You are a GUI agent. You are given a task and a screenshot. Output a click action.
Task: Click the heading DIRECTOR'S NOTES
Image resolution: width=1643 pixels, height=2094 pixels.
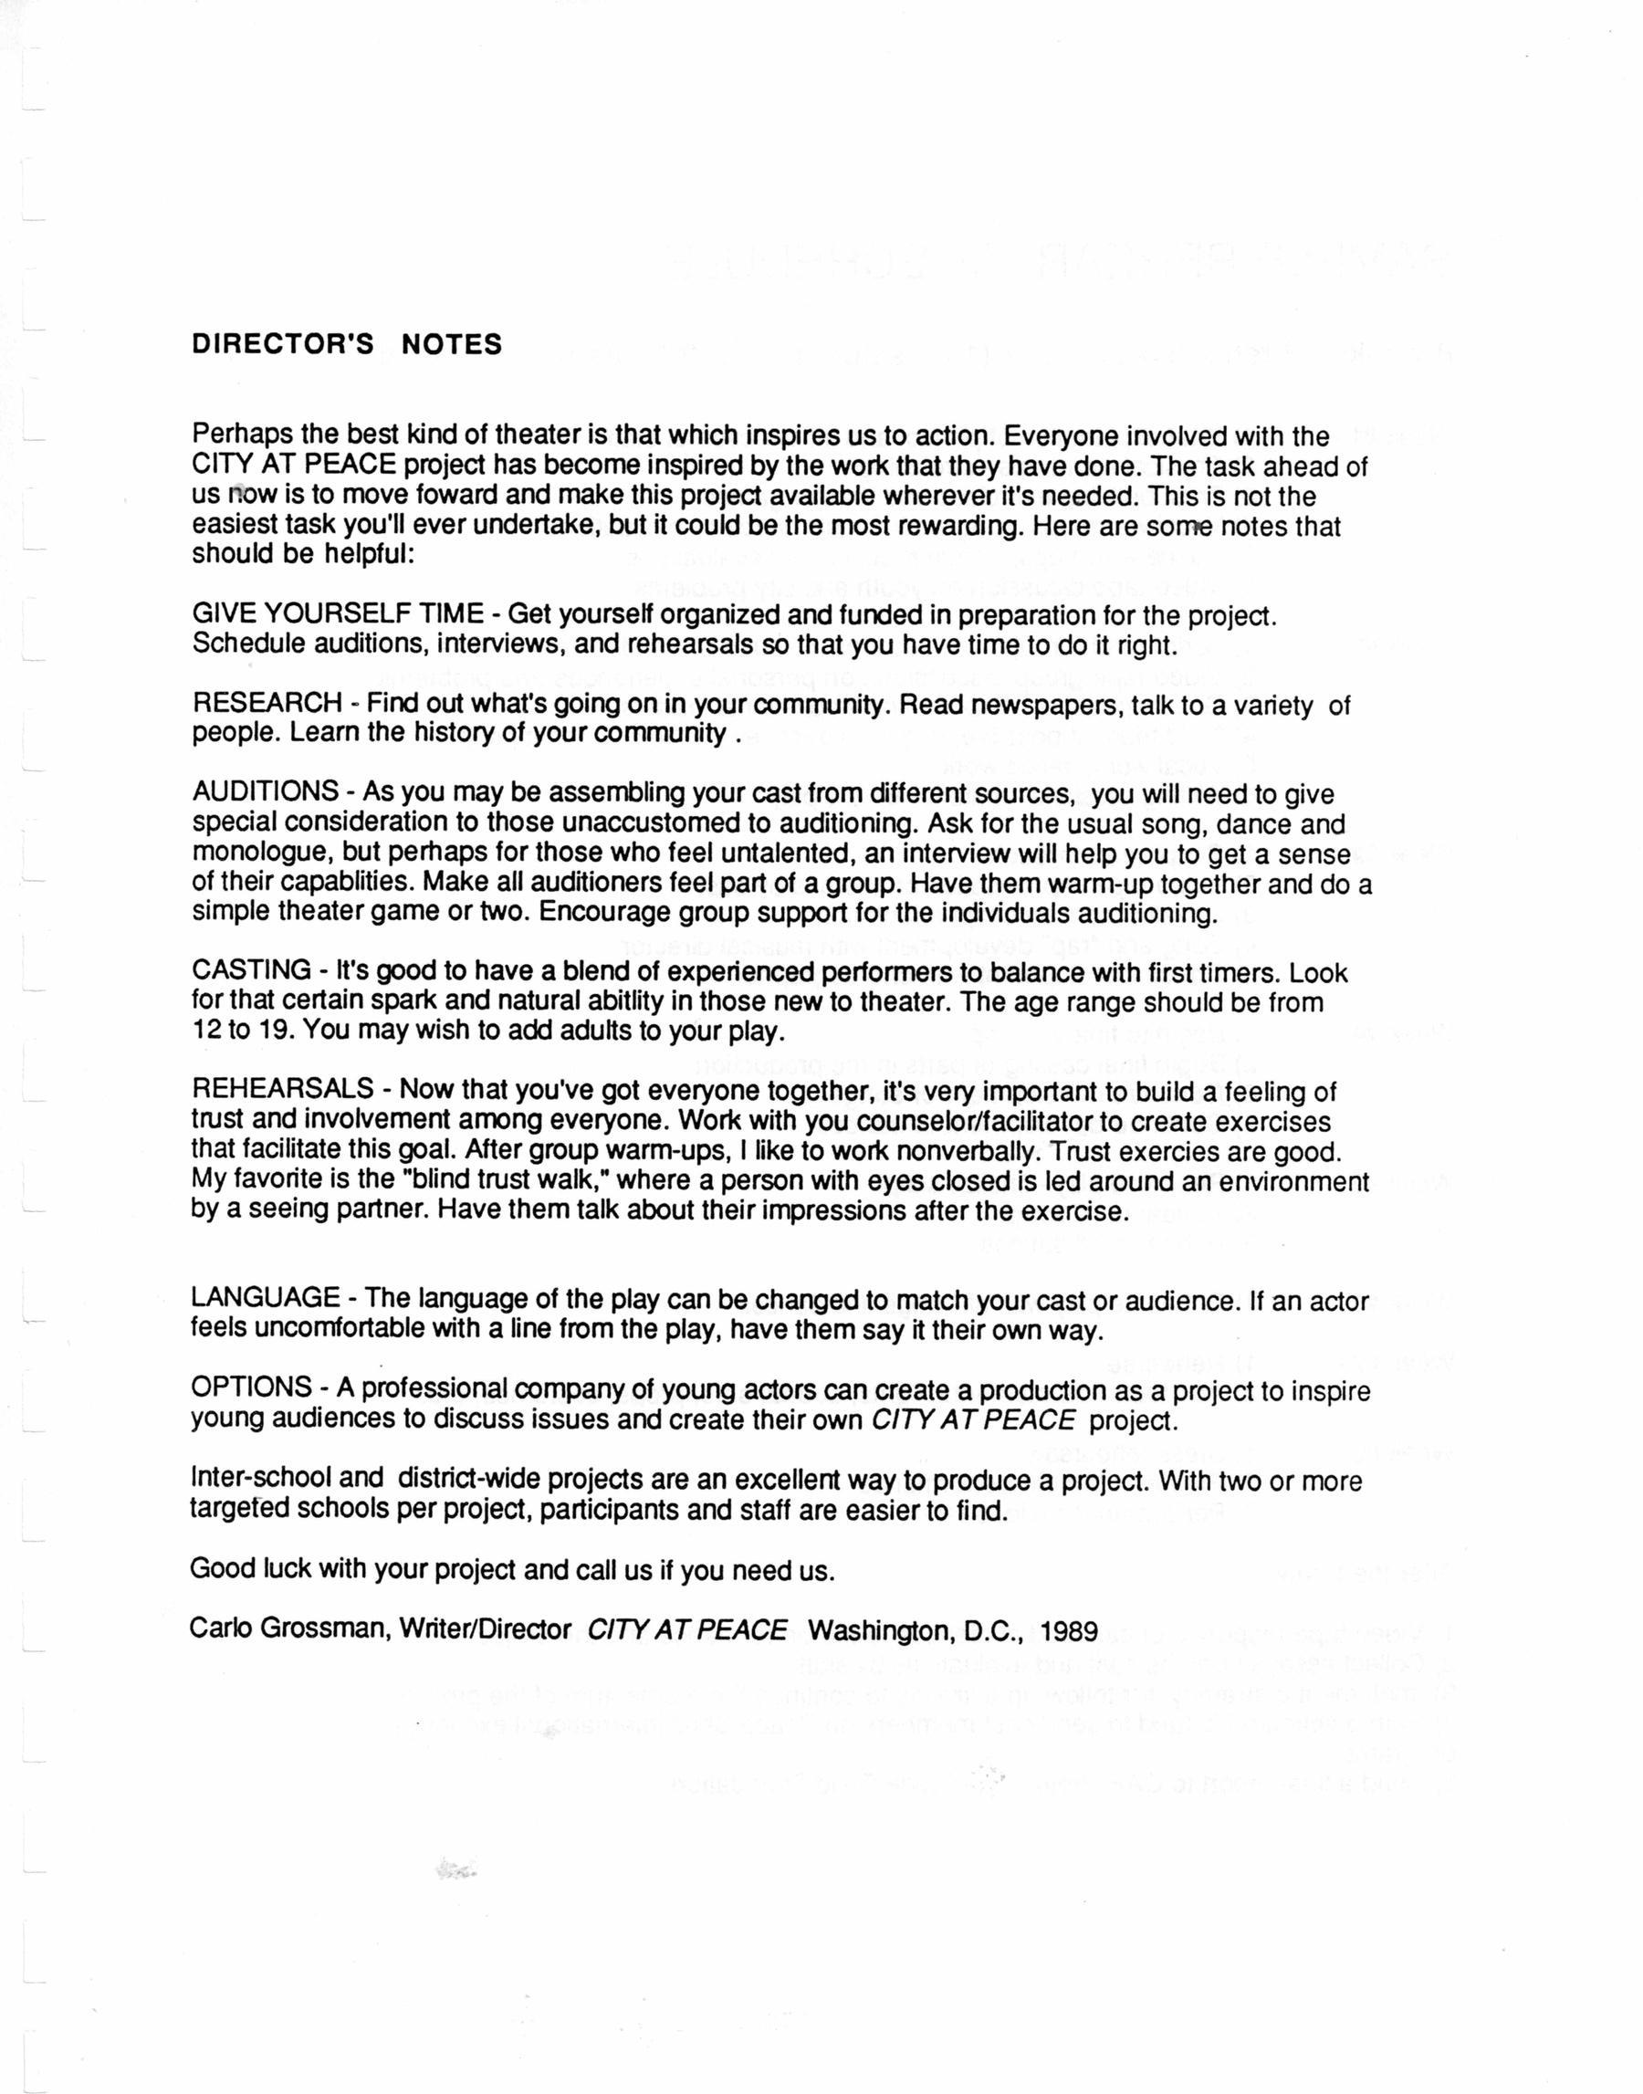(347, 344)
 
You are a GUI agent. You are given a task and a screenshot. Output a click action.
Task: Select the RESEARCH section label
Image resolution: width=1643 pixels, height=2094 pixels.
(267, 703)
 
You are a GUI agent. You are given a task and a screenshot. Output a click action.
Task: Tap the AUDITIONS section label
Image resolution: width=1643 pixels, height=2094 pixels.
(266, 793)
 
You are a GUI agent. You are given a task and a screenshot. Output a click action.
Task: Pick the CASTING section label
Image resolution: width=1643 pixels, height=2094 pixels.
(252, 971)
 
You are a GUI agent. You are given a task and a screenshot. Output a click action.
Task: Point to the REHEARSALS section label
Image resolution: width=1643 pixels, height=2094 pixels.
(283, 1090)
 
